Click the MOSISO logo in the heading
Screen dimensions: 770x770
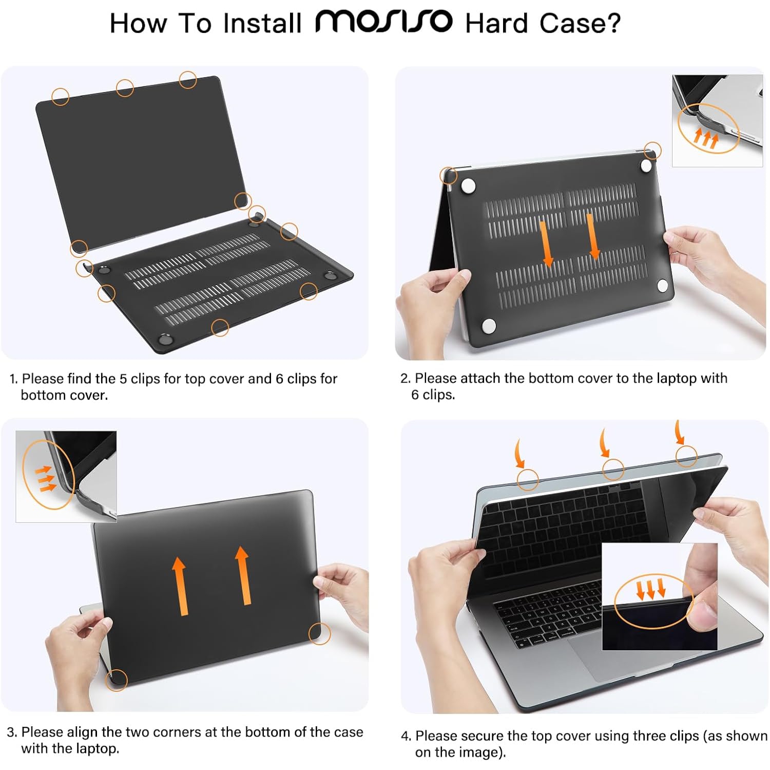tap(383, 22)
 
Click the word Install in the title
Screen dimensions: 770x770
tap(262, 24)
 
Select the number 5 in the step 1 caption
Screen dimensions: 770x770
tap(123, 379)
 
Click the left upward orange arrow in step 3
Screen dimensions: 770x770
tap(179, 586)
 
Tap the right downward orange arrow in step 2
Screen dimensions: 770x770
tap(593, 237)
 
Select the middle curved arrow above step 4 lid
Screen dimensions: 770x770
tap(605, 443)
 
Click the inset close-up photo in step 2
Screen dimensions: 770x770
tap(717, 121)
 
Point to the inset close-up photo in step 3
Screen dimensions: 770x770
tap(66, 476)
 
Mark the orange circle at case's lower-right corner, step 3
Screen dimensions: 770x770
tap(319, 633)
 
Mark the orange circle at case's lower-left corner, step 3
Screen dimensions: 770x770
tap(117, 680)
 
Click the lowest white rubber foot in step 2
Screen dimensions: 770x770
tap(489, 326)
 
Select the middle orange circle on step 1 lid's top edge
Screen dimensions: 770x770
tap(125, 88)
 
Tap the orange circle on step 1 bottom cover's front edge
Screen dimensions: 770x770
tap(220, 327)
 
